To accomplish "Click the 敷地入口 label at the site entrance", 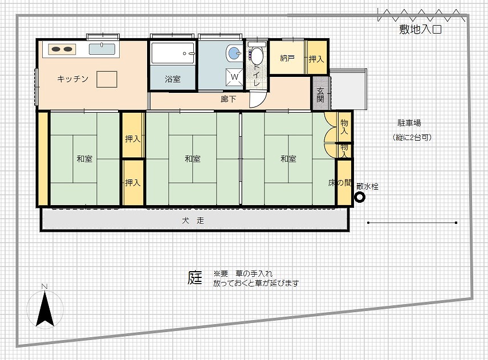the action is point(421,30).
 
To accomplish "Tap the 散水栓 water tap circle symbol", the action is point(360,197).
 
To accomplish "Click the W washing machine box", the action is point(235,76).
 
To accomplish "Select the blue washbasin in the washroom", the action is point(234,53).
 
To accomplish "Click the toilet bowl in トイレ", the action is point(257,56).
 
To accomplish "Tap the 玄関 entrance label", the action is point(320,95).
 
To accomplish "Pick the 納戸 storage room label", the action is point(287,58).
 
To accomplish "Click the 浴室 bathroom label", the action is point(173,79).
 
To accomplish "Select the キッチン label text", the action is point(73,79).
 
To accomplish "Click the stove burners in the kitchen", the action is point(62,49).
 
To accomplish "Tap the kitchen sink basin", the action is point(102,49).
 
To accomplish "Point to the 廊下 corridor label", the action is point(229,100).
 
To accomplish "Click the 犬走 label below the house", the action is point(193,220).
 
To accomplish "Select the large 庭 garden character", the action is point(195,277).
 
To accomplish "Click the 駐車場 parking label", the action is point(409,123).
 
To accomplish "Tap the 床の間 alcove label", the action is point(340,183).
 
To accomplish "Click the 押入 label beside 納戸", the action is point(316,59).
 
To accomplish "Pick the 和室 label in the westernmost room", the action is point(84,159).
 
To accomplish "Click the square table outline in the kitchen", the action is point(107,79).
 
